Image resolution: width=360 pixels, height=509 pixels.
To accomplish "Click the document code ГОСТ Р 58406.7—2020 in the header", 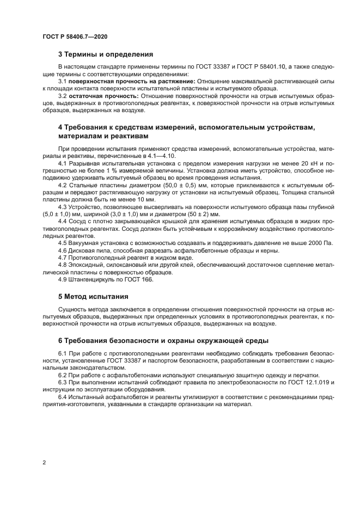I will click(75, 36).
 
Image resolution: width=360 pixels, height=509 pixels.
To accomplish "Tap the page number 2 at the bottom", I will click(44, 463).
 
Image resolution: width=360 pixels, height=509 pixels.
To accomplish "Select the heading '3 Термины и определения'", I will click(105, 54).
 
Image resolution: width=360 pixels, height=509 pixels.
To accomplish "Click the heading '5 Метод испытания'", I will click(93, 297).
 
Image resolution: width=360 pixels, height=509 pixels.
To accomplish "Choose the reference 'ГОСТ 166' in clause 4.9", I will click(141, 279).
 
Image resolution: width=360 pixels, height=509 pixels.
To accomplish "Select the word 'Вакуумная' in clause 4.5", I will click(86, 243).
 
